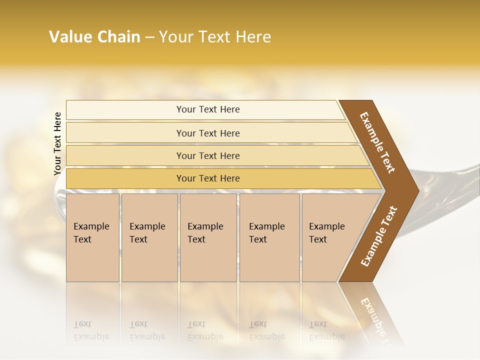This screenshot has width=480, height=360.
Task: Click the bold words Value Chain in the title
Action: pos(94,37)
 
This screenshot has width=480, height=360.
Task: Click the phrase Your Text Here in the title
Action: pos(215,37)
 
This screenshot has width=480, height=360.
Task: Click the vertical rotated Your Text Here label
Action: pos(57,143)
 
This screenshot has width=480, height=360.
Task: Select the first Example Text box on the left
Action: pos(92,237)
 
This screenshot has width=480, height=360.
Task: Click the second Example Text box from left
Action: pos(149,237)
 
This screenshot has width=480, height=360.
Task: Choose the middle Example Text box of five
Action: pos(208,237)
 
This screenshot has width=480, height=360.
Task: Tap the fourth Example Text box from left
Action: pos(269,237)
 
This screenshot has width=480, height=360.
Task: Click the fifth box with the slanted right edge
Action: pos(330,237)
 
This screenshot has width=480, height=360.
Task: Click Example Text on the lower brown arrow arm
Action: pos(379,236)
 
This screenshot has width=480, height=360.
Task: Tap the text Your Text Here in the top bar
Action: pos(208,109)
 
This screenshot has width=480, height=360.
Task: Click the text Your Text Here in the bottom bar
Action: pos(208,178)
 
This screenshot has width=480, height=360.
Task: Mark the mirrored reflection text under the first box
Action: pos(91,330)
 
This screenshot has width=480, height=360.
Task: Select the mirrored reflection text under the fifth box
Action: pos(326,330)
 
